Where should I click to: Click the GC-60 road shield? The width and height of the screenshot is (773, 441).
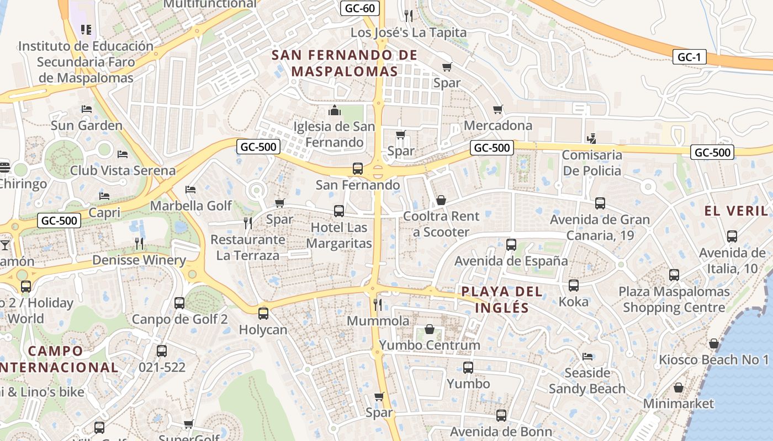(x=359, y=8)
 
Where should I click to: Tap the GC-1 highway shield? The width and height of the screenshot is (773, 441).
(x=689, y=57)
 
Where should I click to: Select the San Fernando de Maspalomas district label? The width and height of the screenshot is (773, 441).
(x=345, y=63)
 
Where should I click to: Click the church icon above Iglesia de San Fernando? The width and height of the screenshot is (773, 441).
(x=334, y=111)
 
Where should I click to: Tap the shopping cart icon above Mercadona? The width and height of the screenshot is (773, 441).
(x=497, y=109)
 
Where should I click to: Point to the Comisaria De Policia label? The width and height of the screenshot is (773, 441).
(x=591, y=163)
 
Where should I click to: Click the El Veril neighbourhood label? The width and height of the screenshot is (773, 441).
(x=736, y=211)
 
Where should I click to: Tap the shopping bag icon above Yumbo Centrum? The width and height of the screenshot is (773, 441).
(x=429, y=329)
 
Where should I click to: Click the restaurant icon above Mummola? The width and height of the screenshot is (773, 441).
(x=378, y=304)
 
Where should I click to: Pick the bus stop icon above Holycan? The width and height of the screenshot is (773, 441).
(x=263, y=314)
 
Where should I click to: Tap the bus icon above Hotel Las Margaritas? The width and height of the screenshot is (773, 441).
(x=338, y=211)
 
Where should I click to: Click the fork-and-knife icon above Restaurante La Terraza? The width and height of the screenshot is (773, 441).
(x=248, y=223)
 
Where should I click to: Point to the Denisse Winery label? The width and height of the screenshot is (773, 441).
(x=139, y=260)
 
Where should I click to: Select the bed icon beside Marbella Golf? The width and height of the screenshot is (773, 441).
(x=190, y=190)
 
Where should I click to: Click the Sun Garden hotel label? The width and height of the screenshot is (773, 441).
(x=86, y=126)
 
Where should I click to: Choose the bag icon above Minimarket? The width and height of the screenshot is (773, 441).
(x=679, y=388)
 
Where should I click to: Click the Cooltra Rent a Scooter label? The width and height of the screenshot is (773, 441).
(x=441, y=224)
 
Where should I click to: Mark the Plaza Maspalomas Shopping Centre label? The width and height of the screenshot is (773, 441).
(x=674, y=299)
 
